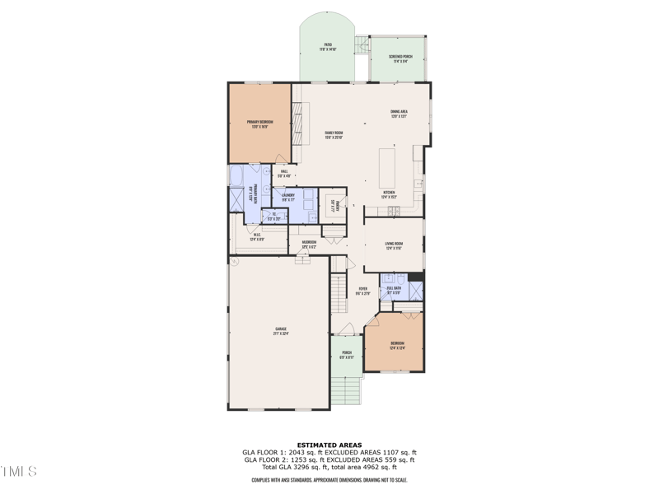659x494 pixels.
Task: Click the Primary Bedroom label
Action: [259, 123]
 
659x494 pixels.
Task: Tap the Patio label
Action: [328, 47]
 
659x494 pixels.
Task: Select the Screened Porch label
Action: [401, 58]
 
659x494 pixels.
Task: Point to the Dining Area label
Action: [400, 113]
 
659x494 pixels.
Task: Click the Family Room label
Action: [334, 134]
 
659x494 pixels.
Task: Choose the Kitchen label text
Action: [389, 194]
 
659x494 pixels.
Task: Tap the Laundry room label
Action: [288, 197]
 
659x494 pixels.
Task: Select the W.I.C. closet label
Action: [257, 236]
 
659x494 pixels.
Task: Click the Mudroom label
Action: [309, 243]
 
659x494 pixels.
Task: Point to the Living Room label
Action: [394, 245]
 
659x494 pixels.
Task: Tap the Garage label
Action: [281, 331]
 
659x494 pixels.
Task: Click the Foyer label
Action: [362, 290]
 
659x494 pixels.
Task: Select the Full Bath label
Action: [394, 289]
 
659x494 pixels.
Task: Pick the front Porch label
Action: [347, 354]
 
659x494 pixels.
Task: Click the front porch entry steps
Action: [347, 389]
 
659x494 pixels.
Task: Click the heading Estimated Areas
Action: [329, 445]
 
